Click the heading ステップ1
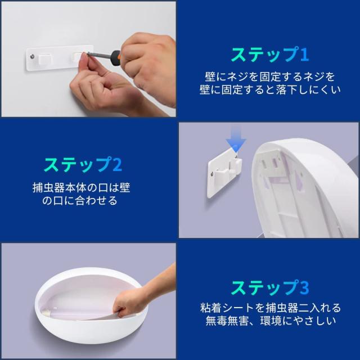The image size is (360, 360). tap(270, 55)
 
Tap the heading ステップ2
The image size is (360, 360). tap(83, 165)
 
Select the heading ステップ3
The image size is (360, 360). tap(270, 287)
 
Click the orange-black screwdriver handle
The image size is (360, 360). tap(116, 58)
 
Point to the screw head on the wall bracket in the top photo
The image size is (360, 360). tap(33, 56)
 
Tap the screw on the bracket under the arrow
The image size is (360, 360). tap(214, 174)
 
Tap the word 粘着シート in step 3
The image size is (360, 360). tap(227, 308)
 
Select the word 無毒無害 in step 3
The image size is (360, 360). tap(227, 321)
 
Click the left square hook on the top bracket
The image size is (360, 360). tap(44, 58)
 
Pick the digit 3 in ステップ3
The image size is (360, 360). tap(304, 288)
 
